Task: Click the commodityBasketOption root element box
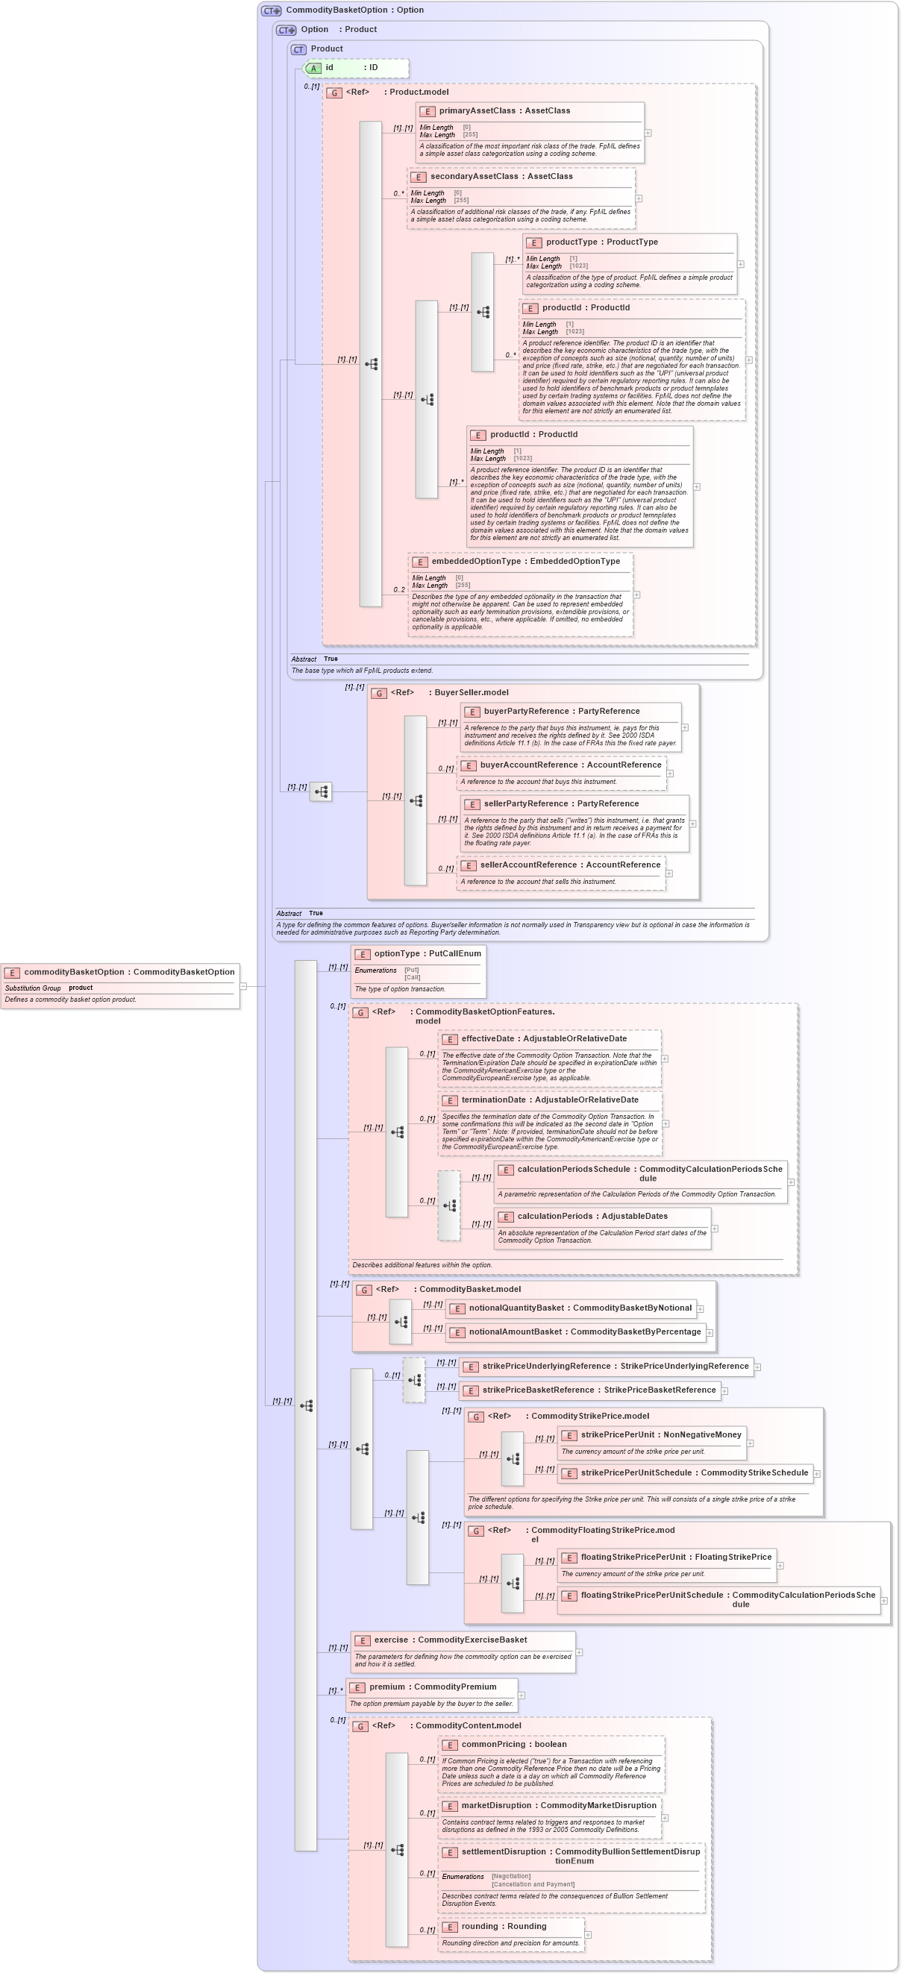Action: coord(120,972)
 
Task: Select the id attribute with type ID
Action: coord(357,68)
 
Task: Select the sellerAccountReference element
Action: coord(569,865)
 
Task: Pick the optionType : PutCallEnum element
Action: coord(419,954)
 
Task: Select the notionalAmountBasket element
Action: coord(584,1333)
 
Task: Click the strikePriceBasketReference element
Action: coord(598,1391)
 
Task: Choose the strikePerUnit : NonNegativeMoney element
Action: coord(660,1435)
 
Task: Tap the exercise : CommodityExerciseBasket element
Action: coord(450,1640)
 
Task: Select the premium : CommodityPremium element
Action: coord(432,1687)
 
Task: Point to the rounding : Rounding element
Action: coord(504,1927)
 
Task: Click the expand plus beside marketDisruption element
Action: coord(665,1818)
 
